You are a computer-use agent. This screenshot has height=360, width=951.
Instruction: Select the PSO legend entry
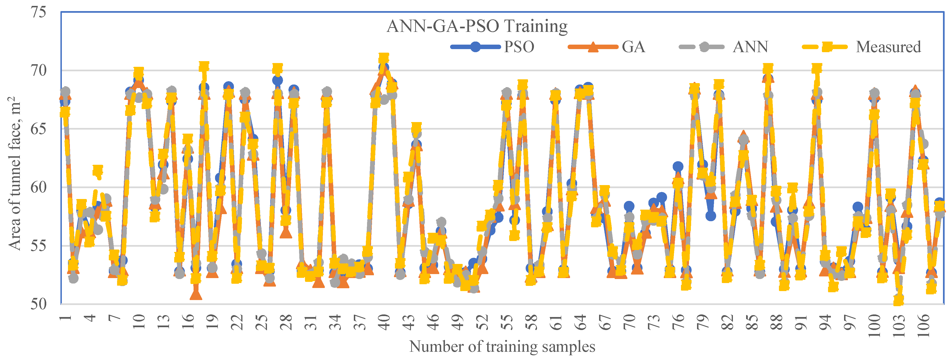click(492, 47)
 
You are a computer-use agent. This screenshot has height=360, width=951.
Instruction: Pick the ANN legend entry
click(724, 47)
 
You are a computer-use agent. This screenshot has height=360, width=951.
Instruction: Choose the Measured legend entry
click(862, 47)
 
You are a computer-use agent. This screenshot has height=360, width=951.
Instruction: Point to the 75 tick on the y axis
click(38, 12)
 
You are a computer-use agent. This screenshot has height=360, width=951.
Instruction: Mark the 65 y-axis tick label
click(38, 129)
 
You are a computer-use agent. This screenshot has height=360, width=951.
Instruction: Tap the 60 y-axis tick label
click(38, 187)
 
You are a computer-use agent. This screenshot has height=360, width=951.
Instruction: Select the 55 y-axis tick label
click(38, 246)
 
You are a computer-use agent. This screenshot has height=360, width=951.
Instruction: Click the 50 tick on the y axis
click(38, 304)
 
